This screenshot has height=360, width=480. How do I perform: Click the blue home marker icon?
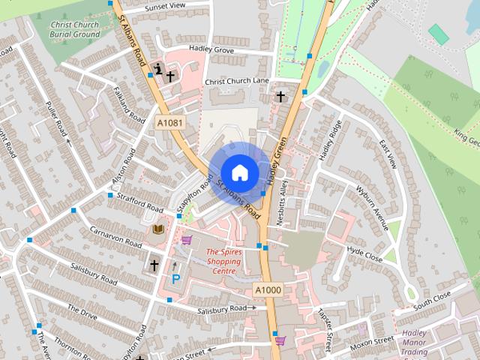(x=239, y=172)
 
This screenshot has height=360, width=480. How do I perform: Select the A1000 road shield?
(x=267, y=290)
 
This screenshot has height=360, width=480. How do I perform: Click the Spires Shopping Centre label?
(x=223, y=262)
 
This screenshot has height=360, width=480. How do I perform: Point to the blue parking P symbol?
(x=176, y=279)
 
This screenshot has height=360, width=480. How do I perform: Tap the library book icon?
(x=158, y=229)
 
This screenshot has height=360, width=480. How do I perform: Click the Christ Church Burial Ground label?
(x=74, y=29)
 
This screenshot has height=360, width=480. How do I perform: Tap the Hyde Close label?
(x=365, y=253)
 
